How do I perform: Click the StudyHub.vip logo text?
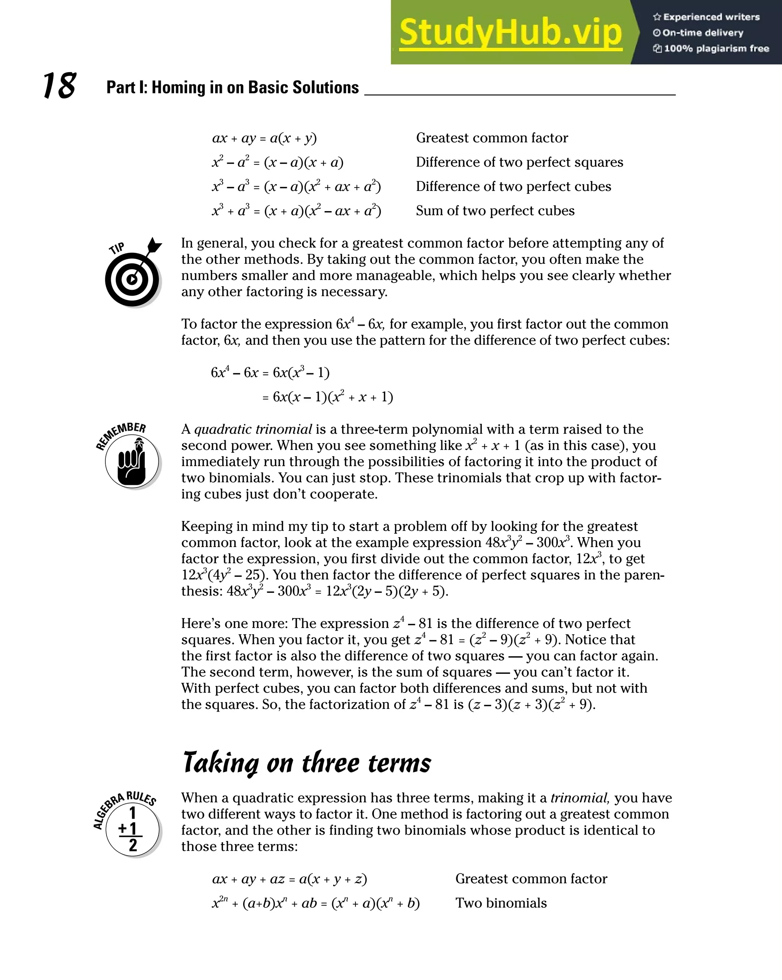pyautogui.click(x=510, y=33)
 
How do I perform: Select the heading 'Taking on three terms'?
pyautogui.click(x=307, y=763)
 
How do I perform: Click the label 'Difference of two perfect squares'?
pyautogui.click(x=519, y=162)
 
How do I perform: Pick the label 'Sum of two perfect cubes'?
pyautogui.click(x=495, y=211)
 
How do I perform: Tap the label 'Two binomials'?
pyautogui.click(x=501, y=903)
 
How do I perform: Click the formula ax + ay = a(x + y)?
pyautogui.click(x=264, y=138)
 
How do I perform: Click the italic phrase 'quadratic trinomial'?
pyautogui.click(x=253, y=429)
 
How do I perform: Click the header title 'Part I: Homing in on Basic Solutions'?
pyautogui.click(x=232, y=87)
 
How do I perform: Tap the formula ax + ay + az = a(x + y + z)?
pyautogui.click(x=289, y=878)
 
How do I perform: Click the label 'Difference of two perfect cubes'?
pyautogui.click(x=513, y=186)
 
